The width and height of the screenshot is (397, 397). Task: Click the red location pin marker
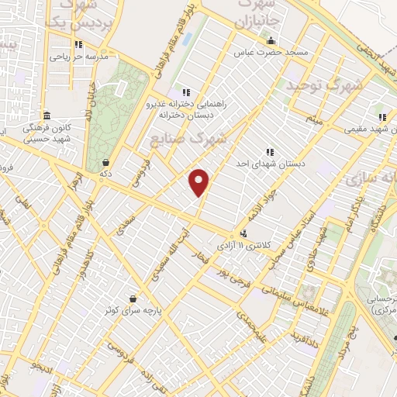pyautogui.click(x=199, y=181)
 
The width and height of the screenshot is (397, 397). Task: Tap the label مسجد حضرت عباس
pyautogui.click(x=273, y=53)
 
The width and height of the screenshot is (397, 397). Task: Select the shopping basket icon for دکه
pyautogui.click(x=105, y=162)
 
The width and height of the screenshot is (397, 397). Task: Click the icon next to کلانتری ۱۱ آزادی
pyautogui.click(x=244, y=232)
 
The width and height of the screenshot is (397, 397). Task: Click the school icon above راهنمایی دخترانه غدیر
pyautogui.click(x=185, y=92)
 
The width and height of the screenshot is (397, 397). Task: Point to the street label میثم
pyautogui.click(x=313, y=120)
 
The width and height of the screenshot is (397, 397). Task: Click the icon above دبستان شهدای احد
pyautogui.click(x=270, y=152)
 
